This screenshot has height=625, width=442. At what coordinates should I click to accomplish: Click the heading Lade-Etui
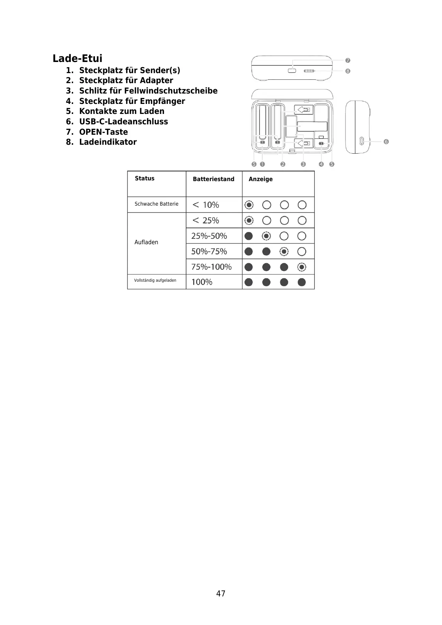(x=77, y=58)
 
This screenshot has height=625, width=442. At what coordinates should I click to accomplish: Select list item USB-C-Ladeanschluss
(x=123, y=121)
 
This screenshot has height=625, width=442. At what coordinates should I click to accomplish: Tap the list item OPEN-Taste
(x=103, y=132)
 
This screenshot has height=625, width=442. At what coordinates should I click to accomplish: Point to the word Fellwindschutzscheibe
(x=171, y=91)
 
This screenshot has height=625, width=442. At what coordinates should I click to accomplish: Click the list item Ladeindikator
(x=108, y=142)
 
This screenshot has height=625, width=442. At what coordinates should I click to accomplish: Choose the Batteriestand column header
(x=213, y=179)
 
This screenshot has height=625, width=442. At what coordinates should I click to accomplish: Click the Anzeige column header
(x=261, y=179)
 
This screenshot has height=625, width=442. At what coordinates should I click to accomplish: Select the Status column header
(x=144, y=178)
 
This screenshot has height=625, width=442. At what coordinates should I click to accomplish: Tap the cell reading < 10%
(x=206, y=205)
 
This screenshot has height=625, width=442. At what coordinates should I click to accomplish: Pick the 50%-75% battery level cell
(x=209, y=251)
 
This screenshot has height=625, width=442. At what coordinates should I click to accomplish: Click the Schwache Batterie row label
(x=156, y=204)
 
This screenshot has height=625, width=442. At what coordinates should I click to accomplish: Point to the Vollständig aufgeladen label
(x=155, y=280)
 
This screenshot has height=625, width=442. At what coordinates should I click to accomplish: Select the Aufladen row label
(x=146, y=242)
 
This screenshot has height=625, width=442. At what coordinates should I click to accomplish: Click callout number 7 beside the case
(x=348, y=60)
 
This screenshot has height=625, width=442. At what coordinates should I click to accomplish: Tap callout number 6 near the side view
(x=386, y=141)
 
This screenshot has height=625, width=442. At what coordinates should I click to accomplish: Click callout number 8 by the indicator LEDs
(x=348, y=71)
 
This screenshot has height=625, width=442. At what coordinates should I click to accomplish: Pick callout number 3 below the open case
(x=303, y=164)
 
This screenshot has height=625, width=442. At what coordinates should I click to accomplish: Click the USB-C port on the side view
(x=362, y=141)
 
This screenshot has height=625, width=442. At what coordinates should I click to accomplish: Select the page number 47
(x=221, y=593)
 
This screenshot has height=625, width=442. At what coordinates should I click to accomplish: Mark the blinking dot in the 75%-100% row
(x=302, y=267)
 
